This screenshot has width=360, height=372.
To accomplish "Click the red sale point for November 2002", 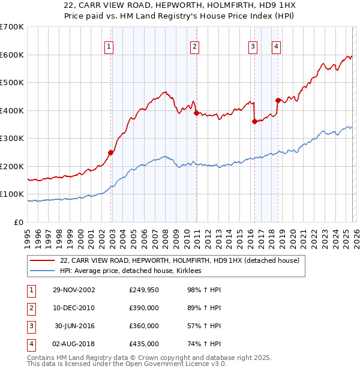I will tap(111, 152).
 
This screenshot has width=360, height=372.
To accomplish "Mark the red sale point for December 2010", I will tap(196, 113).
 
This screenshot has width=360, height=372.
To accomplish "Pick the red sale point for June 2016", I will tap(254, 121).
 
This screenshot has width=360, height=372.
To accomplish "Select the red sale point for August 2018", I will tap(277, 100).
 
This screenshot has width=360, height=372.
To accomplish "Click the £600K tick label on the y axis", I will tap(12, 55).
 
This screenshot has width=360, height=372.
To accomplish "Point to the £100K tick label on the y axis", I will tap(12, 194).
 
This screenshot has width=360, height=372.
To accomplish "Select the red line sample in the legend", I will tap(42, 261).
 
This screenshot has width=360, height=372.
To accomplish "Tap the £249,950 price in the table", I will tap(144, 290).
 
